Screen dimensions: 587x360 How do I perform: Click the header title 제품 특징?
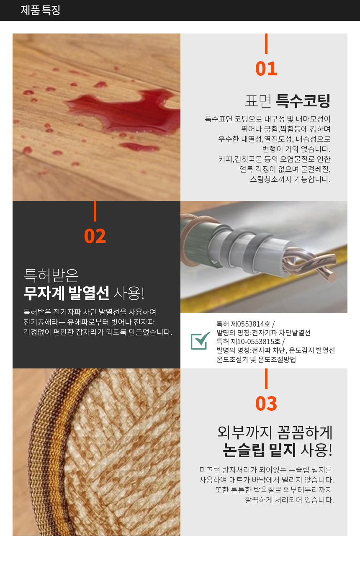41,10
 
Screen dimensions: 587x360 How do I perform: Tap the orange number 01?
266,69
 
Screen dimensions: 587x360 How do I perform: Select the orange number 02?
95,236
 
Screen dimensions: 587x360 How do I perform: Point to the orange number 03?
266,404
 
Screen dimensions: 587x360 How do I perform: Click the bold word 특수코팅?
303,101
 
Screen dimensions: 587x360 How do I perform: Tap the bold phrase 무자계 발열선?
67,293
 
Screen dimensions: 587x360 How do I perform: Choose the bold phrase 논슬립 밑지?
260,450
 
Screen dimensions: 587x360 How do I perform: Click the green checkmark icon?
201,340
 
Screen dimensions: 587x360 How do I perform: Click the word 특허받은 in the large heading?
51,275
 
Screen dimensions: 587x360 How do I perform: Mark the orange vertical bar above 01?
266,44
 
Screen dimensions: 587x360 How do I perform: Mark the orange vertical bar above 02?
95,211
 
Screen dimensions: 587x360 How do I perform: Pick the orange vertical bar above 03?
266,378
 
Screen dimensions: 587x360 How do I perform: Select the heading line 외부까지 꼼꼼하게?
275,432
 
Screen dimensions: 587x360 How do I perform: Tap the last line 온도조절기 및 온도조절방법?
256,359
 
